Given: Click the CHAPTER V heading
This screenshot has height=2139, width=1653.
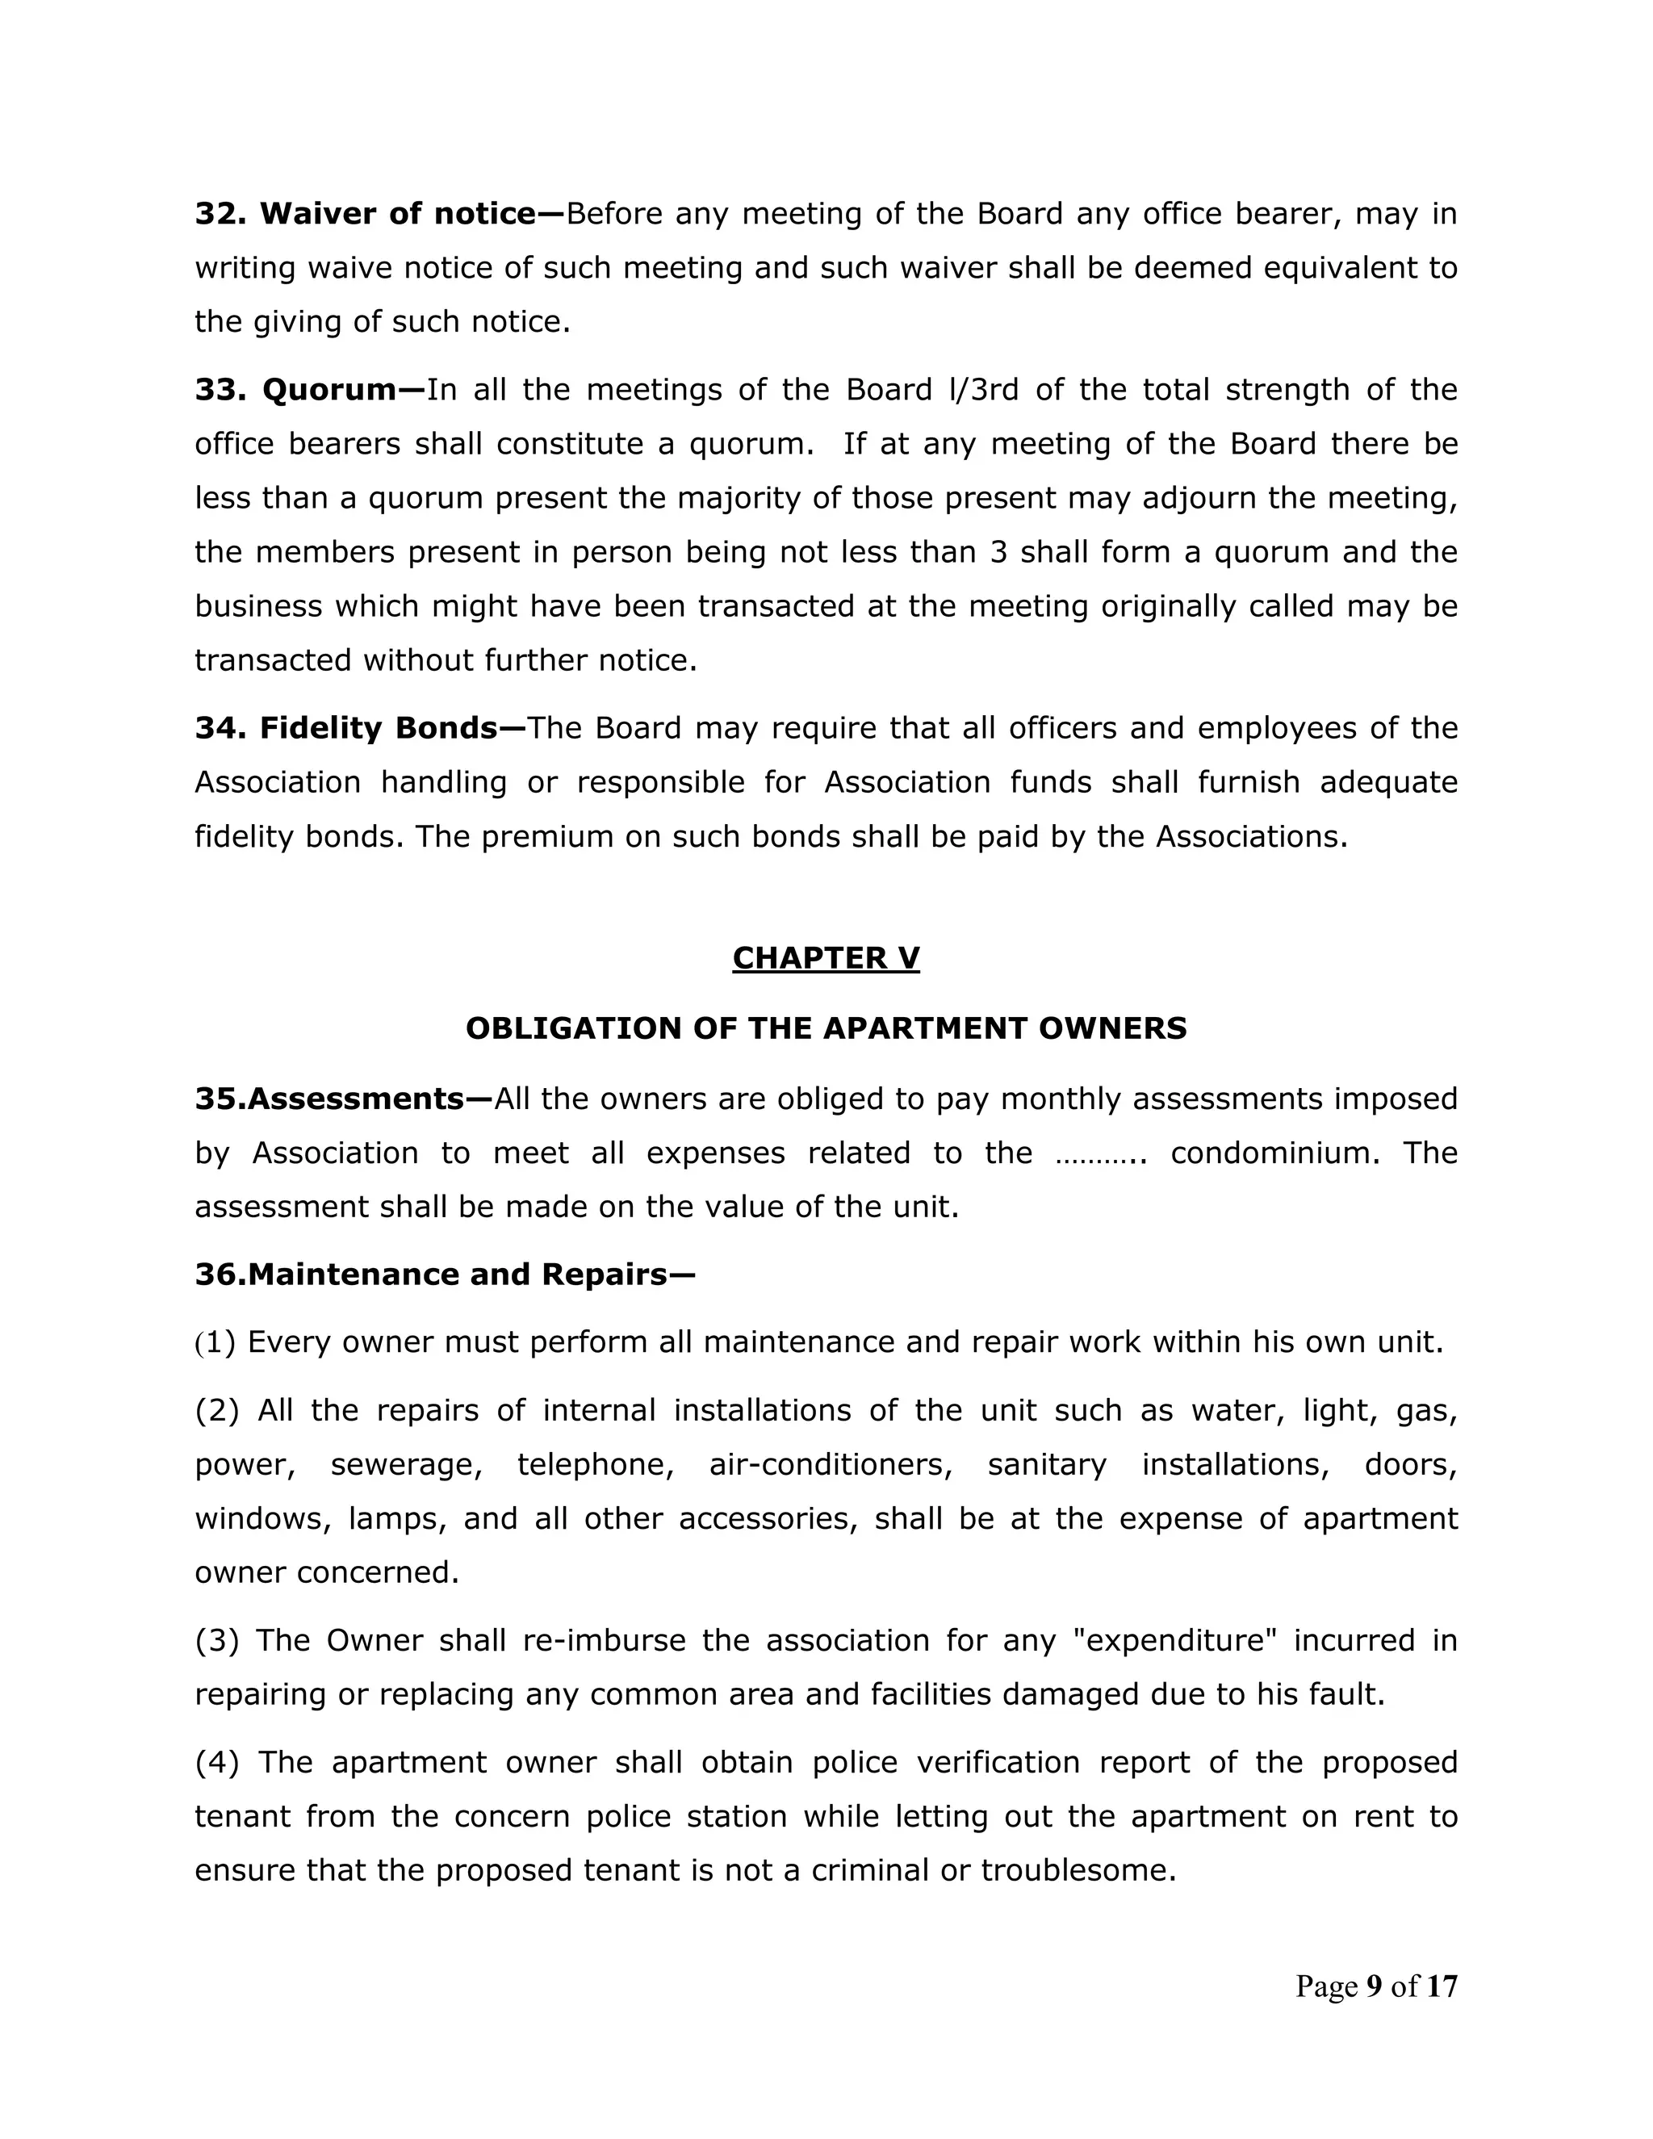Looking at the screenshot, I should coord(826,958).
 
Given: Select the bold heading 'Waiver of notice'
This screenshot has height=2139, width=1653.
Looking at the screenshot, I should coord(396,214).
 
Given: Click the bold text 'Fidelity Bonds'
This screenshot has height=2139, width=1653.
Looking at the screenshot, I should coord(378,728).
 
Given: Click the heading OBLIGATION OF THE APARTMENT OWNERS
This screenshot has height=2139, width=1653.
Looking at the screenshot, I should coord(826,1028).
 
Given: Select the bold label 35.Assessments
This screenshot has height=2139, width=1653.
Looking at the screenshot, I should coord(329,1099).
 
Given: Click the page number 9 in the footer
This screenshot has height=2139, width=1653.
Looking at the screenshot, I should coord(1374,1986).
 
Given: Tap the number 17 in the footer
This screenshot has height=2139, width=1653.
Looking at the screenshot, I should coord(1442,1986).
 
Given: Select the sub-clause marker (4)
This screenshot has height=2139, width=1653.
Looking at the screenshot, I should coord(216,1763).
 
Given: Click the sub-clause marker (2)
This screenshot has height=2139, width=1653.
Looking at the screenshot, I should coord(216,1411).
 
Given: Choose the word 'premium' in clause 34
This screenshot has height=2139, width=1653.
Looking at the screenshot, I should coord(543,837).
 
